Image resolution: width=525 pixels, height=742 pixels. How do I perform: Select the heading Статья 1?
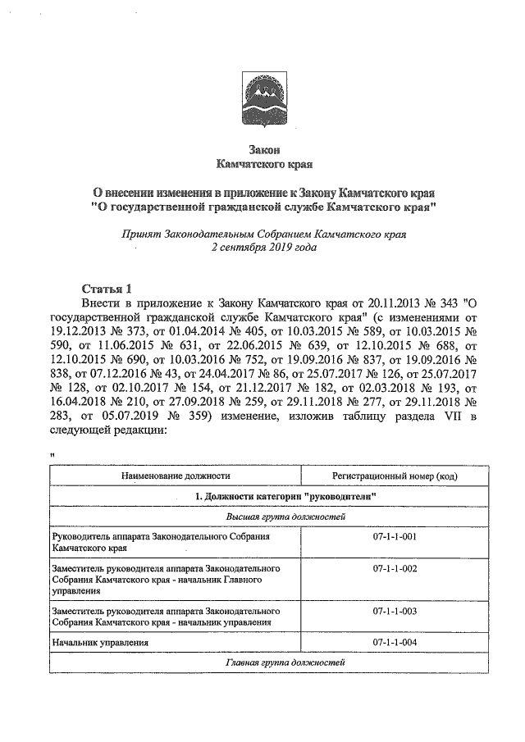pos(107,289)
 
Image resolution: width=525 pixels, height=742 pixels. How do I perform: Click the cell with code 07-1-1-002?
pos(390,568)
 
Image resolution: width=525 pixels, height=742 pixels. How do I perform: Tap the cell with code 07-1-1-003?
pos(390,612)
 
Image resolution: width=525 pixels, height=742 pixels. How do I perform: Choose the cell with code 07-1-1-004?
pos(390,643)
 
